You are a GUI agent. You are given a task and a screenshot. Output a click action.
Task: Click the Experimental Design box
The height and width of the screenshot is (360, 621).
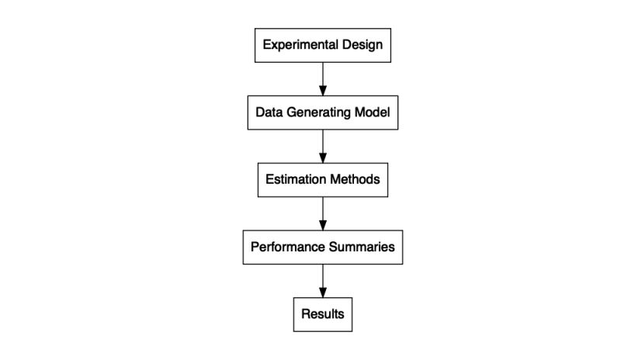click(322, 45)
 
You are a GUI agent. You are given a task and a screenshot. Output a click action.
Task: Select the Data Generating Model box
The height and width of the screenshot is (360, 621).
click(322, 112)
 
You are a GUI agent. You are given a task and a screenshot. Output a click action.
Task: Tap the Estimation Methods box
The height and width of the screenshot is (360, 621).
click(322, 180)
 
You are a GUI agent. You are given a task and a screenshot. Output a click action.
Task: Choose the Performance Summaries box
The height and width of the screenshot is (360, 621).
click(322, 247)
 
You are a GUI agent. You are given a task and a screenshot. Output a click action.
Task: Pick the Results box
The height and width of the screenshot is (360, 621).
click(322, 315)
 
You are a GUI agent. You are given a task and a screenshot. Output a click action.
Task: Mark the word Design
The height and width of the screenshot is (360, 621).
click(361, 45)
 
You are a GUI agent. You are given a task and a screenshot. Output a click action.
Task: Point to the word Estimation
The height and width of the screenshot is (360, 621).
click(294, 180)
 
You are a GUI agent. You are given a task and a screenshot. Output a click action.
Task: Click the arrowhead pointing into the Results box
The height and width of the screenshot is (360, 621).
click(322, 292)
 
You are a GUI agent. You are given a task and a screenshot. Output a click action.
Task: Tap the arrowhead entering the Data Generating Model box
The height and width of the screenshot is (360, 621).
click(322, 90)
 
